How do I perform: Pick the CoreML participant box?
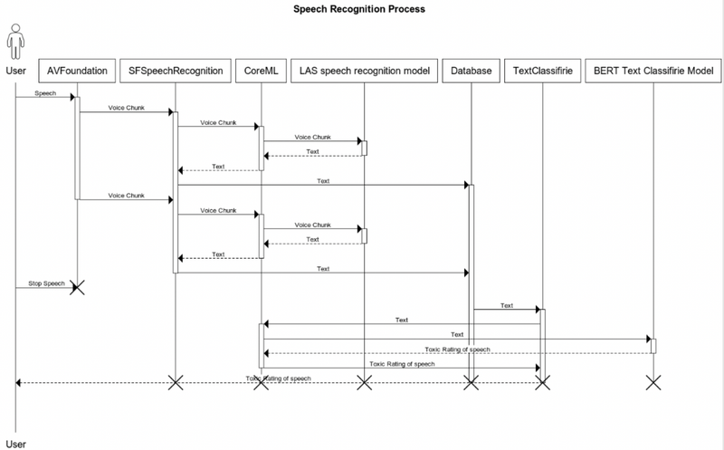pyautogui.click(x=262, y=69)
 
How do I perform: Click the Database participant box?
pyautogui.click(x=470, y=69)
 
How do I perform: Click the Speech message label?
pyautogui.click(x=44, y=92)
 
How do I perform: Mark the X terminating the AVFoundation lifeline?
pyautogui.click(x=77, y=287)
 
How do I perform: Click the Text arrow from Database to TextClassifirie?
pyautogui.click(x=507, y=309)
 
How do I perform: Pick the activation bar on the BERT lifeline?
pyautogui.click(x=653, y=345)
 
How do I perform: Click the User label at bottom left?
pyautogui.click(x=15, y=443)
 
